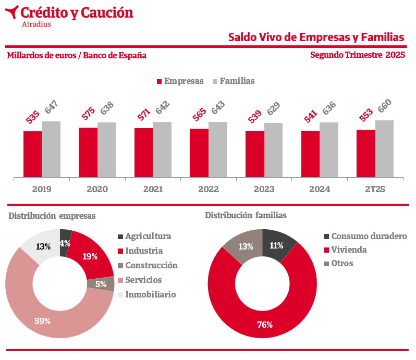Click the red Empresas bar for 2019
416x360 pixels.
[32, 154]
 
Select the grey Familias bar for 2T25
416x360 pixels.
[384, 149]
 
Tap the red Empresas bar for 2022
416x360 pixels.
[199, 153]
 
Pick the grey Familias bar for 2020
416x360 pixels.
[106, 150]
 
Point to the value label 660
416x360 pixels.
[384, 106]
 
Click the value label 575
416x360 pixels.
[88, 114]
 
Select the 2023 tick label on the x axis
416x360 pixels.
[264, 190]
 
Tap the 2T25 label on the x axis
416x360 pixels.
[375, 190]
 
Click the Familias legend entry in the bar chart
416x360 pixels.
[233, 81]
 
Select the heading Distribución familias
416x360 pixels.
[246, 215]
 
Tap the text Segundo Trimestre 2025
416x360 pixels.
[357, 55]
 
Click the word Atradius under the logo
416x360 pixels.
[36, 24]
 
